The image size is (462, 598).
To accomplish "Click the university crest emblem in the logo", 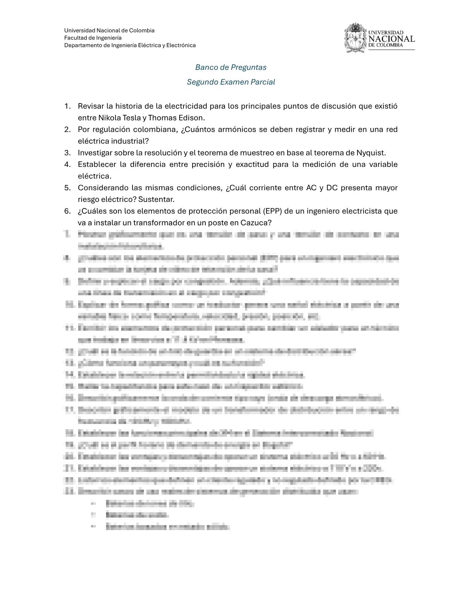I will (355, 38).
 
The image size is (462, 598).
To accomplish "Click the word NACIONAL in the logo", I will (391, 39).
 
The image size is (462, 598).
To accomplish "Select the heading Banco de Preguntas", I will (231, 67).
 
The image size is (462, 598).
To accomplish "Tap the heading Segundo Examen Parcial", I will (231, 82).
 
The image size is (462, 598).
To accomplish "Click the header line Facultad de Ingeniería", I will (93, 38).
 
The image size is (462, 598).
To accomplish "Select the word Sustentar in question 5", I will (159, 199).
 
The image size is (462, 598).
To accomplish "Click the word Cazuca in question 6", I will (256, 223).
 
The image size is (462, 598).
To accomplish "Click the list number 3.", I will (68, 153).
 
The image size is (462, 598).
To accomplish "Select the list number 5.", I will (68, 188).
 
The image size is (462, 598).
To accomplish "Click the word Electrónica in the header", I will (180, 45).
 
